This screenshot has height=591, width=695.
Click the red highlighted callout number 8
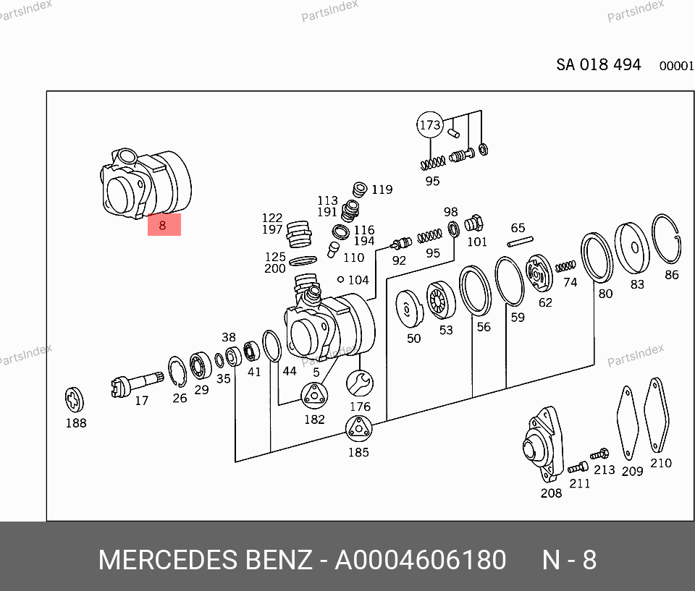pyautogui.click(x=164, y=225)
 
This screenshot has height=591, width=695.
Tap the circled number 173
pyautogui.click(x=429, y=125)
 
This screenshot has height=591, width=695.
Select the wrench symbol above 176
pyautogui.click(x=359, y=382)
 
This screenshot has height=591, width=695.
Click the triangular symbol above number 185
pyautogui.click(x=358, y=429)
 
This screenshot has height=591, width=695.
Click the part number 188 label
pyautogui.click(x=76, y=423)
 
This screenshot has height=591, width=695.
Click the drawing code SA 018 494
pyautogui.click(x=598, y=64)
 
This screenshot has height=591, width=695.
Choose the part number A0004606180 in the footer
pyautogui.click(x=420, y=560)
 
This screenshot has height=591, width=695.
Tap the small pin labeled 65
pyautogui.click(x=521, y=242)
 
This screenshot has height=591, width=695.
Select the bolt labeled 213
pyautogui.click(x=599, y=455)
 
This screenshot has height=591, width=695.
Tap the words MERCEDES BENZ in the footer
pyautogui.click(x=205, y=560)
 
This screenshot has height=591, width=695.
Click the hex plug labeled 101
pyautogui.click(x=475, y=223)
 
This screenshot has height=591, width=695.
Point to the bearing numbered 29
pyautogui.click(x=201, y=364)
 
